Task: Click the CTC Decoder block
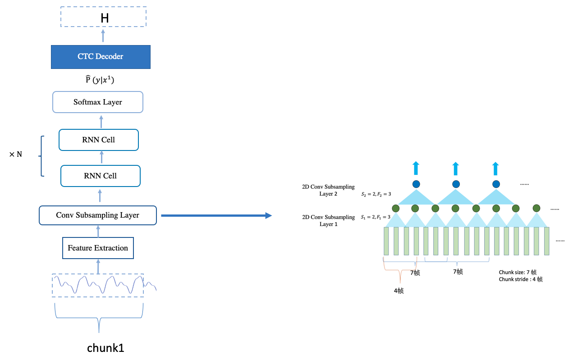click(x=100, y=57)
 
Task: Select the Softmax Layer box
click(x=98, y=102)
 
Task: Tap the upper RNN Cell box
click(x=99, y=140)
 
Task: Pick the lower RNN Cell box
click(x=100, y=176)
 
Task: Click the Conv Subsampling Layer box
click(x=97, y=215)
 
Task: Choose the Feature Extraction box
click(x=98, y=248)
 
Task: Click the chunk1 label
click(x=105, y=348)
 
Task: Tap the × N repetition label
click(x=15, y=155)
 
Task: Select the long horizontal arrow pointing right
click(x=216, y=216)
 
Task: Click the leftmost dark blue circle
click(x=416, y=184)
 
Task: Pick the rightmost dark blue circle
click(x=496, y=184)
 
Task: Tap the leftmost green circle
click(x=396, y=208)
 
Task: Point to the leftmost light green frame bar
click(x=386, y=241)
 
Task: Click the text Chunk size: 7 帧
click(x=518, y=272)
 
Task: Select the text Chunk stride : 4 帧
click(x=520, y=279)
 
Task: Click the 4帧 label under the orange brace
click(x=399, y=291)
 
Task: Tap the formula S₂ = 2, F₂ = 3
click(x=376, y=194)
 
